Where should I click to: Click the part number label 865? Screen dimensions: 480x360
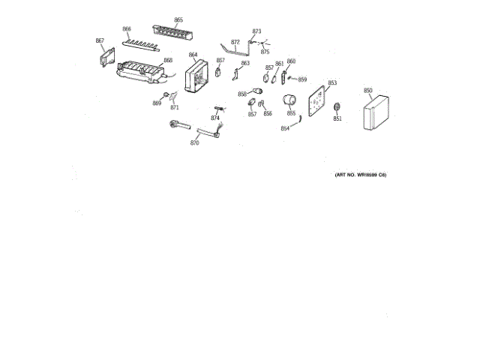point(178,19)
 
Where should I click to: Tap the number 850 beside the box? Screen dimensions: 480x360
point(368,91)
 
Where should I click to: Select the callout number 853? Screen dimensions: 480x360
point(332,82)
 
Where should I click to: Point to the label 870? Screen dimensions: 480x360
point(194,142)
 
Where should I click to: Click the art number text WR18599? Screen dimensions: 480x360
point(367,175)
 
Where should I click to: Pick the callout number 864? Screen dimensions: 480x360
point(193,55)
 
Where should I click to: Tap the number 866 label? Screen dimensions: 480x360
point(127,29)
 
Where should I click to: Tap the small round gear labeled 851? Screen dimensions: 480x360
point(337,106)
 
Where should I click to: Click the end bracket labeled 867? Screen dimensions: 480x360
point(105,58)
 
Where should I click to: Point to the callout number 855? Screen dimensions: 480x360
point(291,113)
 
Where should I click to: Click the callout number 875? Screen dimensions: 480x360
point(265,52)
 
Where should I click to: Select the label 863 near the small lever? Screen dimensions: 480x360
point(245,63)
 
